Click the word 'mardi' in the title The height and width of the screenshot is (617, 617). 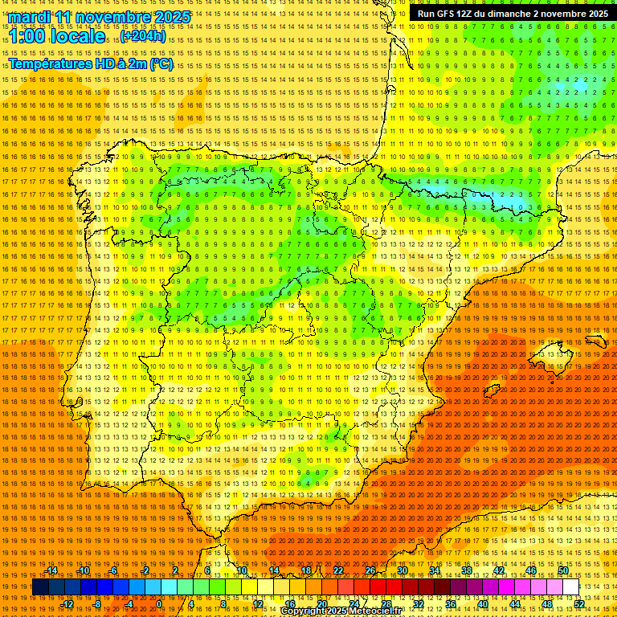31,17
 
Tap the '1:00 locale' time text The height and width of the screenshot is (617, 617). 57,36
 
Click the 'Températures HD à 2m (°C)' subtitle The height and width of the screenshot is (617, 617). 90,63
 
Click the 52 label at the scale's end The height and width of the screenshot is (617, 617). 579,604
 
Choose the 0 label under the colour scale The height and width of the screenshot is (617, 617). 160,604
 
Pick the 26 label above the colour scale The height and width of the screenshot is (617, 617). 370,570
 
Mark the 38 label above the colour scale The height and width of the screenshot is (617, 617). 467,570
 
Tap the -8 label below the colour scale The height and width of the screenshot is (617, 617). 97,604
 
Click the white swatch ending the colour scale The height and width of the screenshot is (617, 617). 570,587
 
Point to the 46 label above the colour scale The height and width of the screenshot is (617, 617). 531,570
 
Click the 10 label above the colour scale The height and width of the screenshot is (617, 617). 241,570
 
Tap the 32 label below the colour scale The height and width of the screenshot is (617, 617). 418,604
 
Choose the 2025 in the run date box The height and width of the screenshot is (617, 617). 595,14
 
